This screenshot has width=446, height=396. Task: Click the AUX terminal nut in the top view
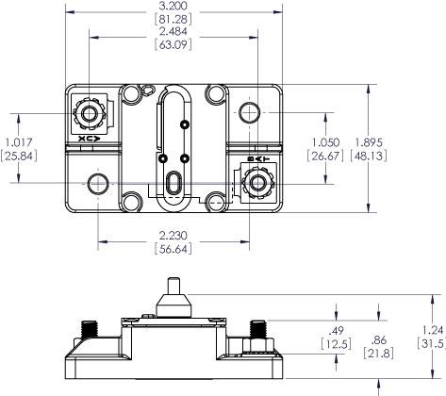tap(91, 115)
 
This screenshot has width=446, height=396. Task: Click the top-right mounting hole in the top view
tap(250, 114)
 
